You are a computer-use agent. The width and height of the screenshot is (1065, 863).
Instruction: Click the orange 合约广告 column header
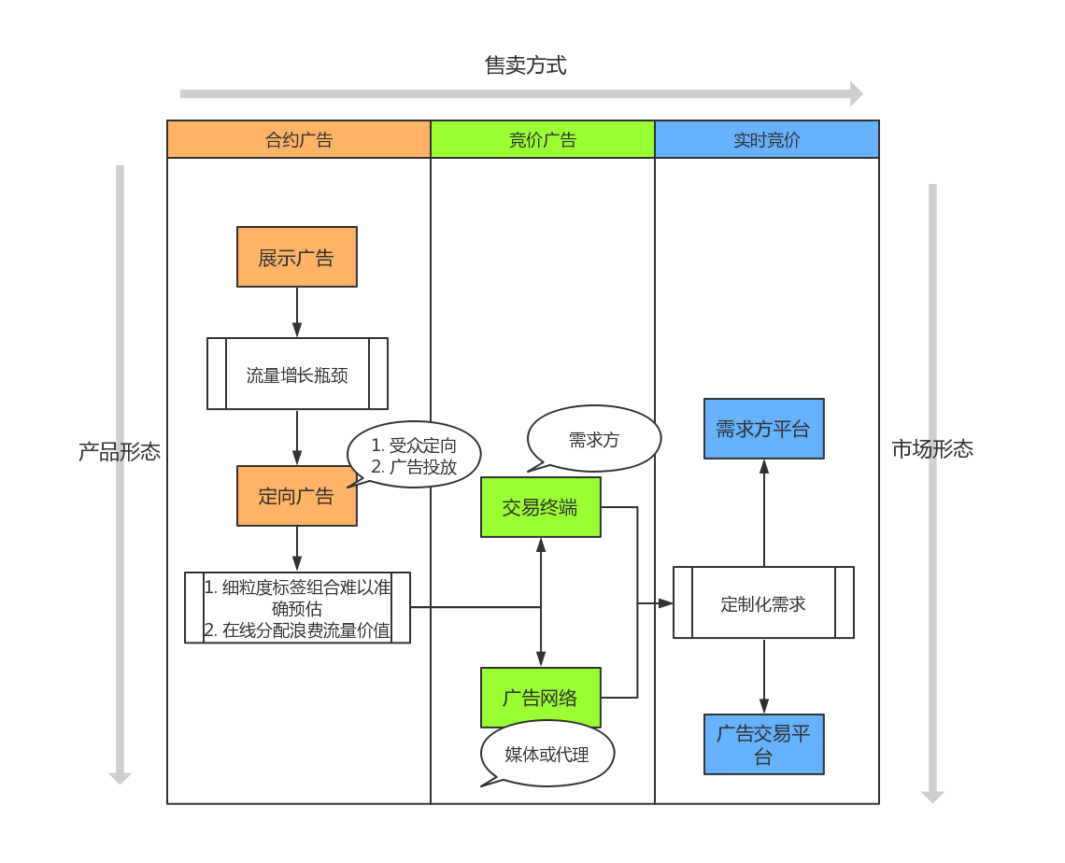(299, 140)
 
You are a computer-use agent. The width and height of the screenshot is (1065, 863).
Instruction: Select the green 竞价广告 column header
(543, 140)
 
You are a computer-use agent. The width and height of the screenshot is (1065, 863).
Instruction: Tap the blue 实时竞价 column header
(767, 140)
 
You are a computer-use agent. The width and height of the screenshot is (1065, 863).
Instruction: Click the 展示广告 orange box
(297, 257)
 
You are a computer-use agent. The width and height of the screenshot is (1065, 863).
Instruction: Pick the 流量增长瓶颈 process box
(297, 374)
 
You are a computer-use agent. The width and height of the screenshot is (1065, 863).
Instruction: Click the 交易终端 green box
(540, 508)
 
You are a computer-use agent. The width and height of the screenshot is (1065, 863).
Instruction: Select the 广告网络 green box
(540, 698)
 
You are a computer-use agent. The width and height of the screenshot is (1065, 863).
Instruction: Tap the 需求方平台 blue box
(763, 429)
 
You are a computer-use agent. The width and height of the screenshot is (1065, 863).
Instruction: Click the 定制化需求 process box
(763, 603)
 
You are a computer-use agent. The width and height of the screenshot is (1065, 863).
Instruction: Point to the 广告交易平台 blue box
(763, 744)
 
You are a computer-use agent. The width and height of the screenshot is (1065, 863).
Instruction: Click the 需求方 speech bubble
(594, 439)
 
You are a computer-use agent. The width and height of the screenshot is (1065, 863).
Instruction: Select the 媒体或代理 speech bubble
(547, 754)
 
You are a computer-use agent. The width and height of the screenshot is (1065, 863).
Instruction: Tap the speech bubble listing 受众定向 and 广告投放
(414, 456)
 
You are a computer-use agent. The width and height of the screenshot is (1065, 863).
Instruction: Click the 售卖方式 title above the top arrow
(525, 65)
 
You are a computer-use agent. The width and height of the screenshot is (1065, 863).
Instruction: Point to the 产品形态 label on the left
(120, 452)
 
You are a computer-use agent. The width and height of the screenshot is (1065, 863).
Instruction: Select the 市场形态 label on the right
(932, 449)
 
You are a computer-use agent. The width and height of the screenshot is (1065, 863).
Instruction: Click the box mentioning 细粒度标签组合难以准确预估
(297, 608)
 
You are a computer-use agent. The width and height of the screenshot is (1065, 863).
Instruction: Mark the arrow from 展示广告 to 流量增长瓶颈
(297, 312)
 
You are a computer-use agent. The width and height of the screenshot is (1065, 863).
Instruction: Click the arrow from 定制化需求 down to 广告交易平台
(763, 677)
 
